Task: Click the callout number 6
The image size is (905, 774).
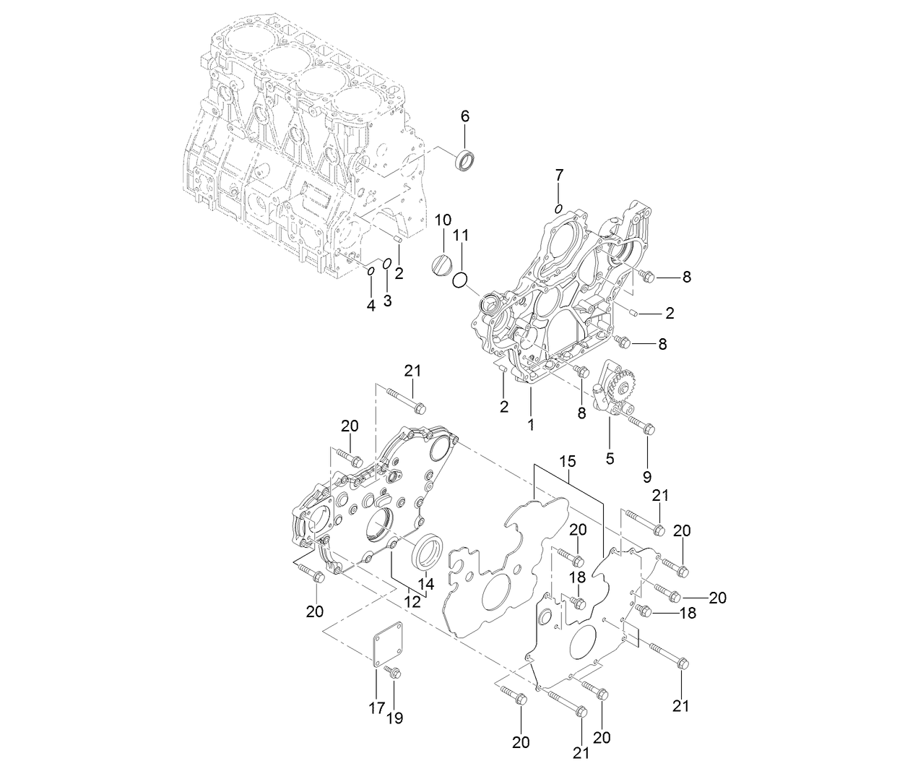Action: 465,116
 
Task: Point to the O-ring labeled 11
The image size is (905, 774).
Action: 461,279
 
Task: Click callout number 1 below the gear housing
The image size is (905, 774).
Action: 531,425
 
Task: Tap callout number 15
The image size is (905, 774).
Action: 568,460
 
